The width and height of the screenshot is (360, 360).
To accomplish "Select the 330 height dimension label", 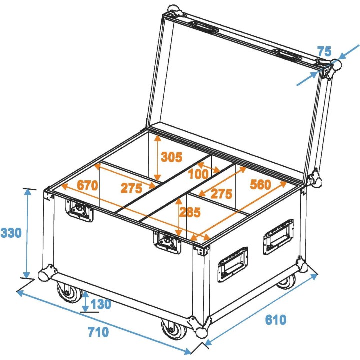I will [x=11, y=233].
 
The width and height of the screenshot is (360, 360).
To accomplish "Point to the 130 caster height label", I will [x=101, y=304].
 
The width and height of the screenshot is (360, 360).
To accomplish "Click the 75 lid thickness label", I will [x=324, y=52].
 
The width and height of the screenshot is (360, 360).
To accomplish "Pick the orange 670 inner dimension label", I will [x=87, y=184].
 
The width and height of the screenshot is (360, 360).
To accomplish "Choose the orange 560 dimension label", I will [x=260, y=185].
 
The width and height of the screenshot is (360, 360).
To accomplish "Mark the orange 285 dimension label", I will [x=190, y=212].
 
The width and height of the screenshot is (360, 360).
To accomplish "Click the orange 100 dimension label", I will [x=199, y=175].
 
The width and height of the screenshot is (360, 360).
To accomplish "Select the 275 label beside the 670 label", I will [x=131, y=188].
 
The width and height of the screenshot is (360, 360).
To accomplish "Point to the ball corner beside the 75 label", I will [x=334, y=65].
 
